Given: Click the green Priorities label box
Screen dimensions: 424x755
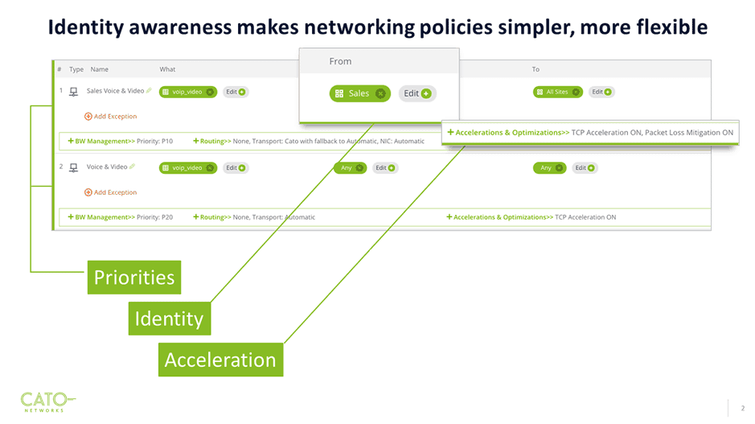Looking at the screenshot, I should tap(134, 278).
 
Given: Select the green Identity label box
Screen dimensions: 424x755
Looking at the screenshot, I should tap(169, 319).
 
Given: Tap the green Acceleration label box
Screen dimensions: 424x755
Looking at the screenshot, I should tap(220, 360).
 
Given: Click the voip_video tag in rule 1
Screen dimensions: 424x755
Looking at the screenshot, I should tap(188, 92).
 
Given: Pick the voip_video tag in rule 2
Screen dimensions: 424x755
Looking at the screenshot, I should tap(188, 168).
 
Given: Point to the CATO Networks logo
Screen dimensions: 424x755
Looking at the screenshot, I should tap(47, 400).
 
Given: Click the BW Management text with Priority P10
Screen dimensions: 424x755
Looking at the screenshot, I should tap(121, 142).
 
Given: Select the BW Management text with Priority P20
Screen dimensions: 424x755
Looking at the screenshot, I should tap(121, 217).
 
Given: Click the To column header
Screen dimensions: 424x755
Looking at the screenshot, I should tap(535, 69).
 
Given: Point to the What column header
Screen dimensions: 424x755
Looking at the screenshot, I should tap(167, 69).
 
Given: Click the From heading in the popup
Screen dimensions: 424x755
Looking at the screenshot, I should tap(340, 61).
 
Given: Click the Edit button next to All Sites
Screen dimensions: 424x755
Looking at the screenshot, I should tap(601, 92).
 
